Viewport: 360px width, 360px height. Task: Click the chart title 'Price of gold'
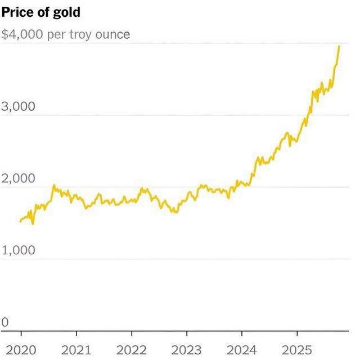(41, 12)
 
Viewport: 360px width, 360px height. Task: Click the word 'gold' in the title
(68, 12)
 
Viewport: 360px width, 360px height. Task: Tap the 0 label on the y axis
(5, 322)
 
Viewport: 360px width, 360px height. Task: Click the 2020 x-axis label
(21, 349)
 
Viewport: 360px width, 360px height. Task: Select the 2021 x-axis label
(76, 349)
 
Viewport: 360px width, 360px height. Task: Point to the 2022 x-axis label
(131, 349)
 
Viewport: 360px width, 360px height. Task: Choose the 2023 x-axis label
(186, 349)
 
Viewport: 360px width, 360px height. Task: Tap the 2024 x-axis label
(241, 349)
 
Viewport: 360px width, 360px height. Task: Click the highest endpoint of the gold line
(339, 46)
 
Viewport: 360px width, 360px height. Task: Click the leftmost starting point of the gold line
(20, 221)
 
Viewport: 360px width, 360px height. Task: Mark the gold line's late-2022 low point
(176, 212)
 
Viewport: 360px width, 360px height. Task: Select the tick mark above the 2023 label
(186, 334)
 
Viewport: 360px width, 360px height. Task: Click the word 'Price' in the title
(17, 12)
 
